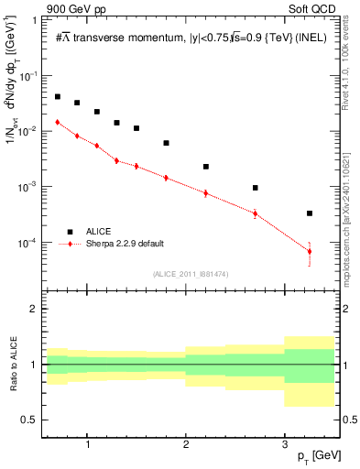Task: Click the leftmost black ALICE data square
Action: pyautogui.click(x=58, y=96)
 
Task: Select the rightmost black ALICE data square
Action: pyautogui.click(x=310, y=213)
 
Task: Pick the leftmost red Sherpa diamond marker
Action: pyautogui.click(x=58, y=122)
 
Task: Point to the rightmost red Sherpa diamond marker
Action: pyautogui.click(x=310, y=252)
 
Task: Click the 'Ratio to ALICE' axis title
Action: pyautogui.click(x=12, y=364)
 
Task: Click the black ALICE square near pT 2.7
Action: pyautogui.click(x=256, y=188)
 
